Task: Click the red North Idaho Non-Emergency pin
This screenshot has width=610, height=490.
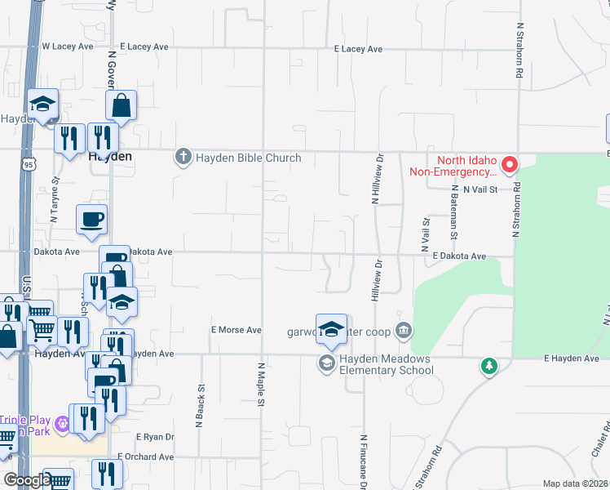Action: [510, 166]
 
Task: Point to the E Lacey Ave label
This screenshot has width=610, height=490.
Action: [358, 49]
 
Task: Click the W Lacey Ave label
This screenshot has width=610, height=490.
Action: [68, 47]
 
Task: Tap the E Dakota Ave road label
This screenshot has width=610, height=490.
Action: [459, 256]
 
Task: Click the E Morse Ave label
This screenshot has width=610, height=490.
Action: [236, 330]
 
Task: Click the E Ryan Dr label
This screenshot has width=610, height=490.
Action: [155, 437]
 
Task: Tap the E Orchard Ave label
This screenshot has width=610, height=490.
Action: [146, 456]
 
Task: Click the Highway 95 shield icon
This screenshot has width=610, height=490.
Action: [29, 164]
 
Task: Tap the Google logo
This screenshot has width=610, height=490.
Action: [26, 480]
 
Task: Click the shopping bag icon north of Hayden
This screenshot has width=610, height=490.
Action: [121, 105]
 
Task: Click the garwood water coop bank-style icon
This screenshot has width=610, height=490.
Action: [404, 331]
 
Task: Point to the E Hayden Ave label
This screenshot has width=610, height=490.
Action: [572, 359]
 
